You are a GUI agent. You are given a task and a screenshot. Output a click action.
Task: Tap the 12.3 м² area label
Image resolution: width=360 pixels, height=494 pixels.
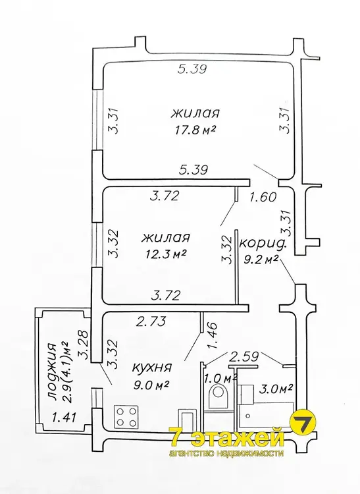click(166, 254)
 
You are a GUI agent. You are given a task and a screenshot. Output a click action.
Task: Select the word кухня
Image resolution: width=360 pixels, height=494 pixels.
click(152, 368)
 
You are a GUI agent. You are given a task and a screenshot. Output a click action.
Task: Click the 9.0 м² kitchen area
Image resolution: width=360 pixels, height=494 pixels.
click(151, 385)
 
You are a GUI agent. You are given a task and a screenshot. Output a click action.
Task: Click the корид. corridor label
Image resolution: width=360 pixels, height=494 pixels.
click(263, 244)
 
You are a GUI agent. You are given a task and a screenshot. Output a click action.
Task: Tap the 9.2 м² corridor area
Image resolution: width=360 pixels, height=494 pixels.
click(261, 259)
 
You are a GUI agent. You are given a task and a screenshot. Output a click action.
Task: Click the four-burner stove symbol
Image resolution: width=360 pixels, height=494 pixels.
click(126, 416)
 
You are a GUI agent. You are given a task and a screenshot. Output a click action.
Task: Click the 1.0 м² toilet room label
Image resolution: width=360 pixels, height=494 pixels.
click(221, 378)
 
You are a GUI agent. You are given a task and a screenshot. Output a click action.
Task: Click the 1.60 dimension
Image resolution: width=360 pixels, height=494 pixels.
click(263, 196)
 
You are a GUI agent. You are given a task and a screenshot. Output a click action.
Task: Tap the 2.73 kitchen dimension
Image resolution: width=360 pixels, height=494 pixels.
click(151, 321)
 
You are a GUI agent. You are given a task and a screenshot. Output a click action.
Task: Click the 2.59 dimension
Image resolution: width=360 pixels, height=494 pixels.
click(244, 356)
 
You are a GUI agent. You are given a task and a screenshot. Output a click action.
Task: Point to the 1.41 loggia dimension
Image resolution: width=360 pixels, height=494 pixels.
click(64, 418)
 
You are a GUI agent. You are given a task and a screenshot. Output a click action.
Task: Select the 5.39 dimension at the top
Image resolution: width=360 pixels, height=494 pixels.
click(192, 69)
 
